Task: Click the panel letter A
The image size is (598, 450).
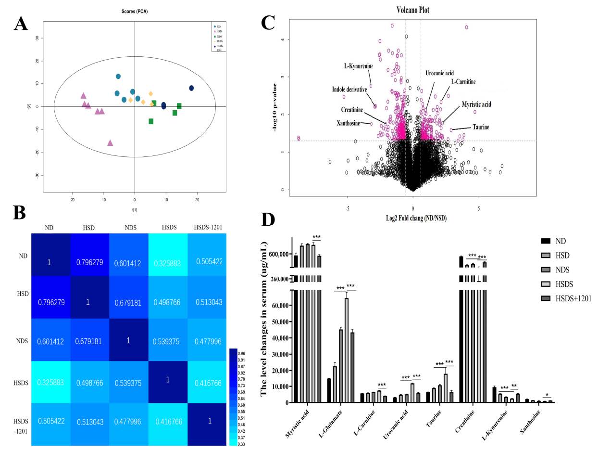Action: (21, 24)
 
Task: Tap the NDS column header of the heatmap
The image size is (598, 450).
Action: (128, 228)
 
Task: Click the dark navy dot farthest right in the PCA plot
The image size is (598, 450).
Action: (191, 88)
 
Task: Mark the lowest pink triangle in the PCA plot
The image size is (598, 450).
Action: (110, 143)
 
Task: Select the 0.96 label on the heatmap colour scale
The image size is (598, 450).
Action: (242, 353)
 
